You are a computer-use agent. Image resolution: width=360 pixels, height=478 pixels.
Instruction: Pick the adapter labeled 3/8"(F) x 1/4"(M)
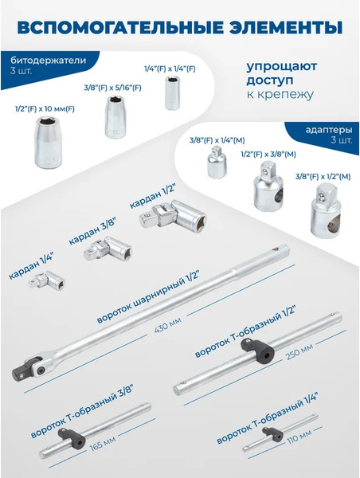point(213,164)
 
